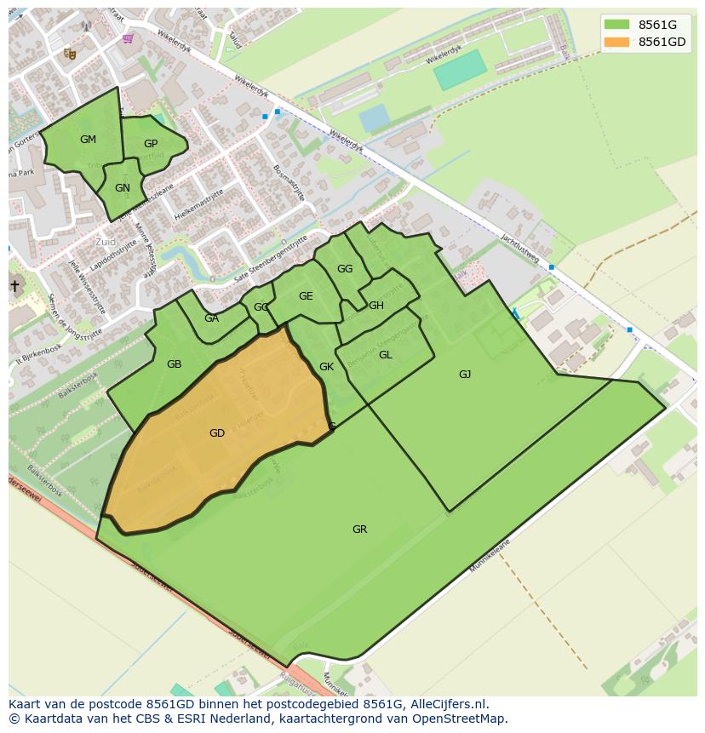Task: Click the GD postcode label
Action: point(217,433)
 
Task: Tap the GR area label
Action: point(359,530)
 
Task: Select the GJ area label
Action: point(465,375)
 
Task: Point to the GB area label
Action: point(174,364)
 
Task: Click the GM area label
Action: point(88,140)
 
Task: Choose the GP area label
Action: point(151,144)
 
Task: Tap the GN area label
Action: point(123,188)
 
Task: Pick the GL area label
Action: point(385,355)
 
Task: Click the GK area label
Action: point(326,367)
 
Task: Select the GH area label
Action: point(375,306)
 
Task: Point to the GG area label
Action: point(344,269)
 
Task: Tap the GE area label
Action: point(306,296)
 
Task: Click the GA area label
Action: point(211,318)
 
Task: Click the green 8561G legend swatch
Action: point(616,25)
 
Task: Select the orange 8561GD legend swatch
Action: point(616,42)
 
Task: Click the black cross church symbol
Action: point(14,286)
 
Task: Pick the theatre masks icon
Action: point(70,54)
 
